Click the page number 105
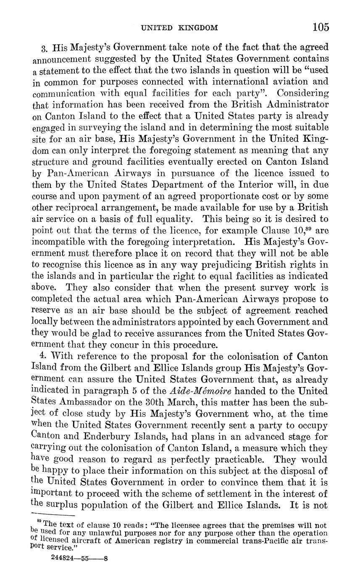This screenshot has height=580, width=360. point(321,28)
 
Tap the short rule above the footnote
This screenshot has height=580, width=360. point(53,515)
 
